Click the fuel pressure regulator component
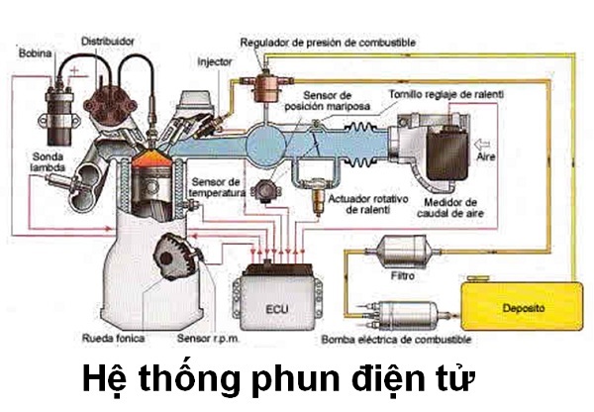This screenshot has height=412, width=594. [265, 78]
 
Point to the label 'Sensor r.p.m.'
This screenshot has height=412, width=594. [206, 340]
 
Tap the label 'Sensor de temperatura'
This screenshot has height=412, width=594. [217, 188]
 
